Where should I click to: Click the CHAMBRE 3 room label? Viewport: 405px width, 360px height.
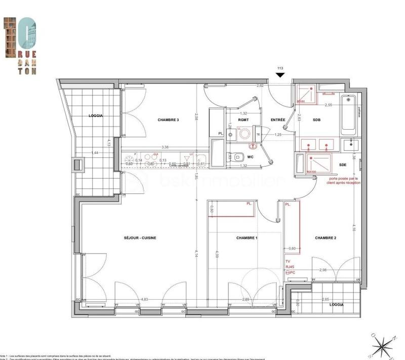(x=168, y=120)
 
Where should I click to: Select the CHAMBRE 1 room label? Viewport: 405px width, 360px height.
(x=247, y=238)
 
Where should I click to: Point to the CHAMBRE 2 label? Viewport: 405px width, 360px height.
(x=326, y=238)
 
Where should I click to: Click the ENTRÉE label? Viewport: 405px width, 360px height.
(x=278, y=120)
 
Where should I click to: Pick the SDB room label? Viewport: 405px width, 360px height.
(x=316, y=120)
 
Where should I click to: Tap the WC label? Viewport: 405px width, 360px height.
(x=250, y=157)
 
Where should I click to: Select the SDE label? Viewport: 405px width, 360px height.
(x=343, y=165)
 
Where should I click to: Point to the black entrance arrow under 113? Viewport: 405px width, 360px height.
(x=280, y=75)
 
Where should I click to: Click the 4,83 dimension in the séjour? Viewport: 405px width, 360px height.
(x=145, y=299)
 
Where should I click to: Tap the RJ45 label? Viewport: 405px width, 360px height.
(x=290, y=267)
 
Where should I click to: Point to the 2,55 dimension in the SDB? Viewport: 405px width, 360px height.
(x=329, y=105)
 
